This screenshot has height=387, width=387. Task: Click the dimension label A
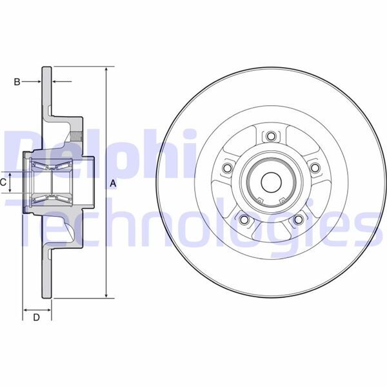coord(113,183)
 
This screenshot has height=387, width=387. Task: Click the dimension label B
coord(17,82)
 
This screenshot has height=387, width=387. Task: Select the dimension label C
coord(3,183)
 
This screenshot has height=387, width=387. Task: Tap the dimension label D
coord(37,317)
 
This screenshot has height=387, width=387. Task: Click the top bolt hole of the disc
coord(271,136)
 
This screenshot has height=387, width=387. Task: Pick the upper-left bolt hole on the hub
coord(227,168)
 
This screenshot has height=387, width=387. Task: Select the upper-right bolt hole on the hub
coord(315,168)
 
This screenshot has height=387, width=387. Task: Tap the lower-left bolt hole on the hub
coord(244,219)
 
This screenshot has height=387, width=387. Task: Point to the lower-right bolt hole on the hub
coord(298,219)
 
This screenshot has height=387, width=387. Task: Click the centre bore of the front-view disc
coord(271,183)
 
